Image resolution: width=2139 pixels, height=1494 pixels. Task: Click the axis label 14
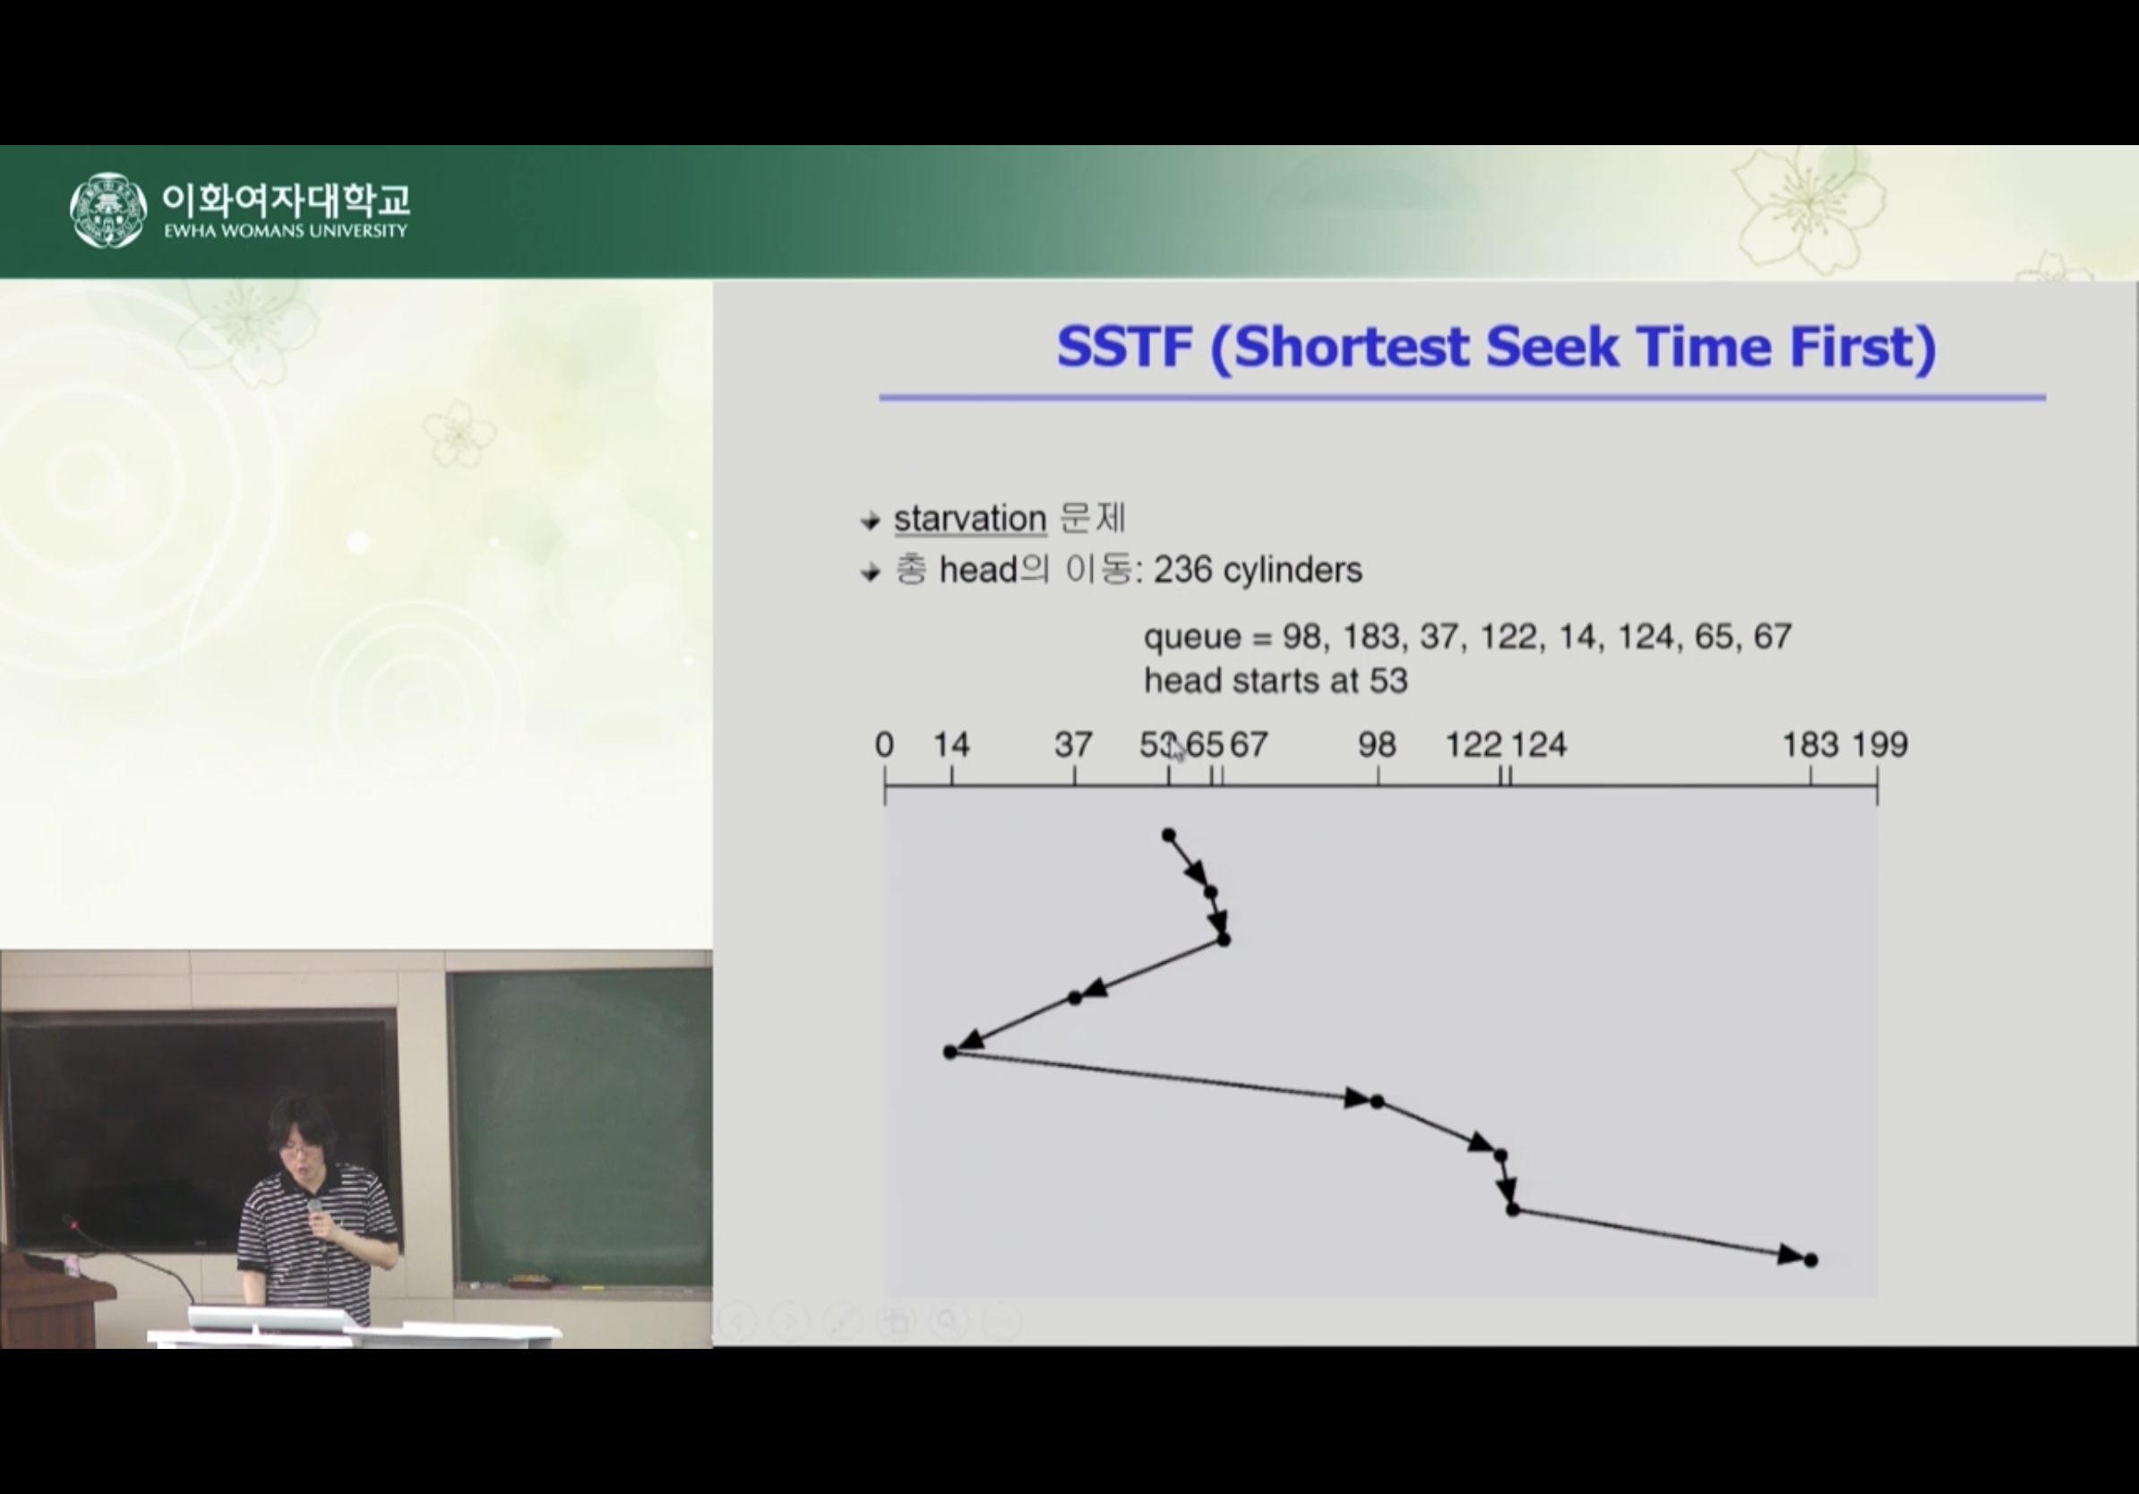pos(951,744)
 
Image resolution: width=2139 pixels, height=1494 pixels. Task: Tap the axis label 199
pos(1879,744)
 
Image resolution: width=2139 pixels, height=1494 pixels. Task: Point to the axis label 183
pos(1810,744)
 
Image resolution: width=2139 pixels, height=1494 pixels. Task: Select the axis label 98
pos(1377,744)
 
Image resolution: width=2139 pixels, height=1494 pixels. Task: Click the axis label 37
pos(1073,744)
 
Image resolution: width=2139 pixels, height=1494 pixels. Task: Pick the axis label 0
pos(884,744)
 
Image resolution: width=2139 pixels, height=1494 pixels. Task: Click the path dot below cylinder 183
pos(1811,1260)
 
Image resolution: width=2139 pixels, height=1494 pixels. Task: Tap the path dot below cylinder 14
pos(950,1052)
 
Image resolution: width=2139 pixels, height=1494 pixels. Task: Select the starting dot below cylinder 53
pos(1169,835)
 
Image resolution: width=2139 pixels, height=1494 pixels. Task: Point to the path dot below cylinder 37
pos(1074,998)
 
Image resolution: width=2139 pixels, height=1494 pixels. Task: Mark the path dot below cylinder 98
pos(1377,1102)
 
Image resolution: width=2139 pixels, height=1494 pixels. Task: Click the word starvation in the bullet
pos(970,518)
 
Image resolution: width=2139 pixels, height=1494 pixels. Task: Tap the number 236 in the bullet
pos(1183,569)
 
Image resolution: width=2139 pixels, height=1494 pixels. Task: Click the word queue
pos(1192,639)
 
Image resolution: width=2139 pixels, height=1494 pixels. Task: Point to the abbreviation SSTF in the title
pos(1125,347)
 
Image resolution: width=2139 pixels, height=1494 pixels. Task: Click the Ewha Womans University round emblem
pos(108,210)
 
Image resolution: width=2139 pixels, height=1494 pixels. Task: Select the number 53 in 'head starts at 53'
pos(1388,681)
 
